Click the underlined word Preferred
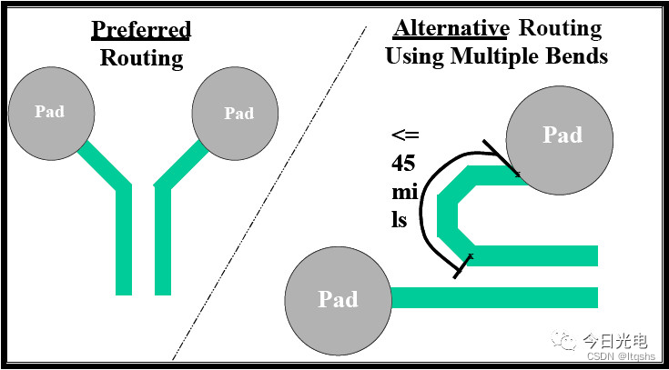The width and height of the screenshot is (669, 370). tap(141, 29)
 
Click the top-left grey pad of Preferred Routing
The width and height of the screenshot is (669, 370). tap(50, 111)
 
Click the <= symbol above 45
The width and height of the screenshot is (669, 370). tap(404, 136)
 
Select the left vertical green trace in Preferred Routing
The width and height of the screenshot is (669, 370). tap(124, 241)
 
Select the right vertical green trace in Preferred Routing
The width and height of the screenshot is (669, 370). tap(163, 241)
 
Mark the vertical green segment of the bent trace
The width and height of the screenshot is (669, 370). tap(446, 213)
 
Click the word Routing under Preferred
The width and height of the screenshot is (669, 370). tap(141, 59)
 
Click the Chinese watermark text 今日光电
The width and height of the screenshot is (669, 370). tap(614, 341)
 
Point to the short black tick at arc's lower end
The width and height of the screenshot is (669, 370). tap(462, 266)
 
